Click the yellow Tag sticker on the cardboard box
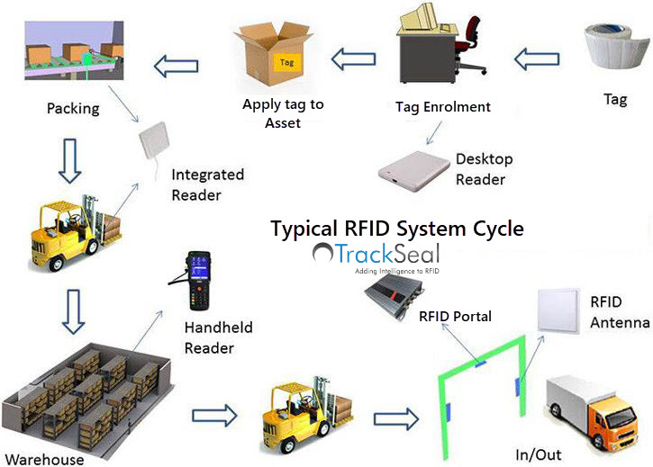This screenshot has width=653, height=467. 286,63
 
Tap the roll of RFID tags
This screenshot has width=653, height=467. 616,46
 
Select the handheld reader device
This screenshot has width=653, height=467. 195,280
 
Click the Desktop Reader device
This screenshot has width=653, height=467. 414,171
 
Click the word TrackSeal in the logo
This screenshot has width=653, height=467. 387,254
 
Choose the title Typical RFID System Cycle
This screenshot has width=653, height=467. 397,229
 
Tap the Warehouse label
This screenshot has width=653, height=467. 44,460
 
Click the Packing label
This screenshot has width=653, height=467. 73,109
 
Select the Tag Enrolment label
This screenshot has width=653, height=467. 443,107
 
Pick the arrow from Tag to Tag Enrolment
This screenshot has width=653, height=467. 537,59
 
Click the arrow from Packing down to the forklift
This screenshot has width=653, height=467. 69,161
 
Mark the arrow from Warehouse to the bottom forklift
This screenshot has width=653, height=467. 214,415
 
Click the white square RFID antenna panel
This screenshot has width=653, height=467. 558,311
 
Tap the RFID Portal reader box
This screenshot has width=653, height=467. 394,297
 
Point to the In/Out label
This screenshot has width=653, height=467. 538,455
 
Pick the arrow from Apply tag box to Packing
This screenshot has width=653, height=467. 176,66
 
